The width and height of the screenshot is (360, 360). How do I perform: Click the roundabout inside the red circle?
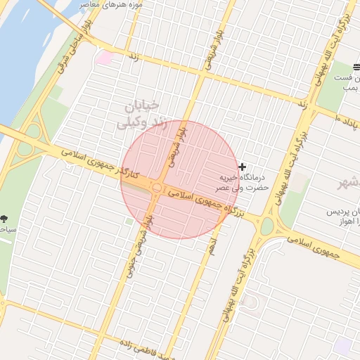157,188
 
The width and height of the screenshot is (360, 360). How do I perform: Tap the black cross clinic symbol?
243,167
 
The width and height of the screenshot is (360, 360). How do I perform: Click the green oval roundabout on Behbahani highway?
266,226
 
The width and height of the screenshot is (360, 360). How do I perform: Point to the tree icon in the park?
5,219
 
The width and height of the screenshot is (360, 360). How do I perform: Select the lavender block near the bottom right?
342,345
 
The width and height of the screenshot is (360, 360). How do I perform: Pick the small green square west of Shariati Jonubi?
129,221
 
